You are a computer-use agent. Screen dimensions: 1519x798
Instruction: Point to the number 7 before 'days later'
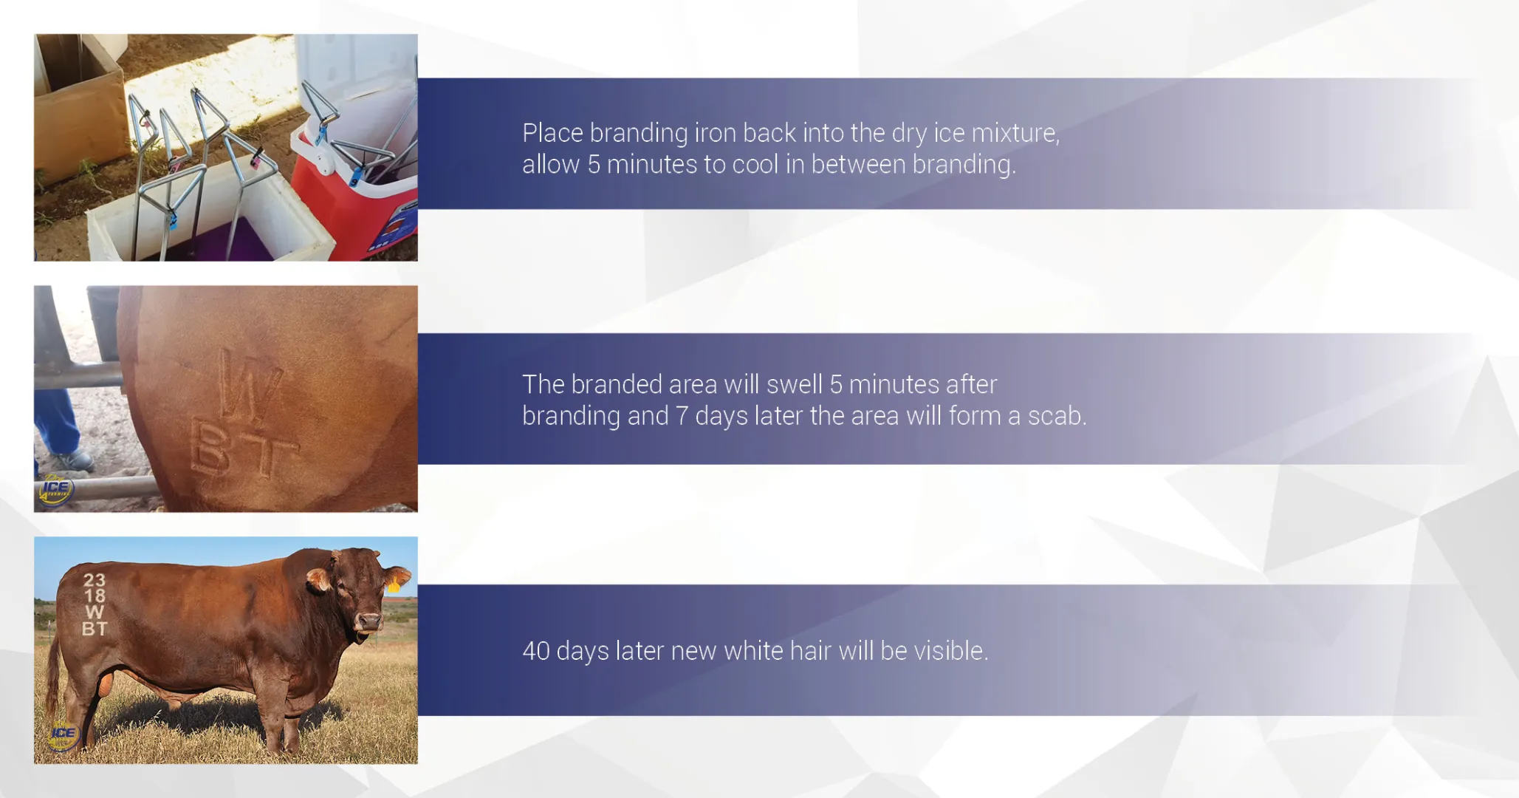[x=682, y=416]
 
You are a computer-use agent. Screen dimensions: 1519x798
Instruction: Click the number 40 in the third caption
[x=535, y=651]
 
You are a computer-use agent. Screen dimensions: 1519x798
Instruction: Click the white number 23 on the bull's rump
[x=95, y=580]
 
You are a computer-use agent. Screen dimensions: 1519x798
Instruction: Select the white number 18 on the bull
[x=95, y=596]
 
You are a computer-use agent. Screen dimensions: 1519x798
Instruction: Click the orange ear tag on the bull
[x=394, y=587]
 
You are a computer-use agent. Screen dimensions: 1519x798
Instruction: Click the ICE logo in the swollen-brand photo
[x=56, y=489]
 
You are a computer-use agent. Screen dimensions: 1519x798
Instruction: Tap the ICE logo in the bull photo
[x=63, y=734]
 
